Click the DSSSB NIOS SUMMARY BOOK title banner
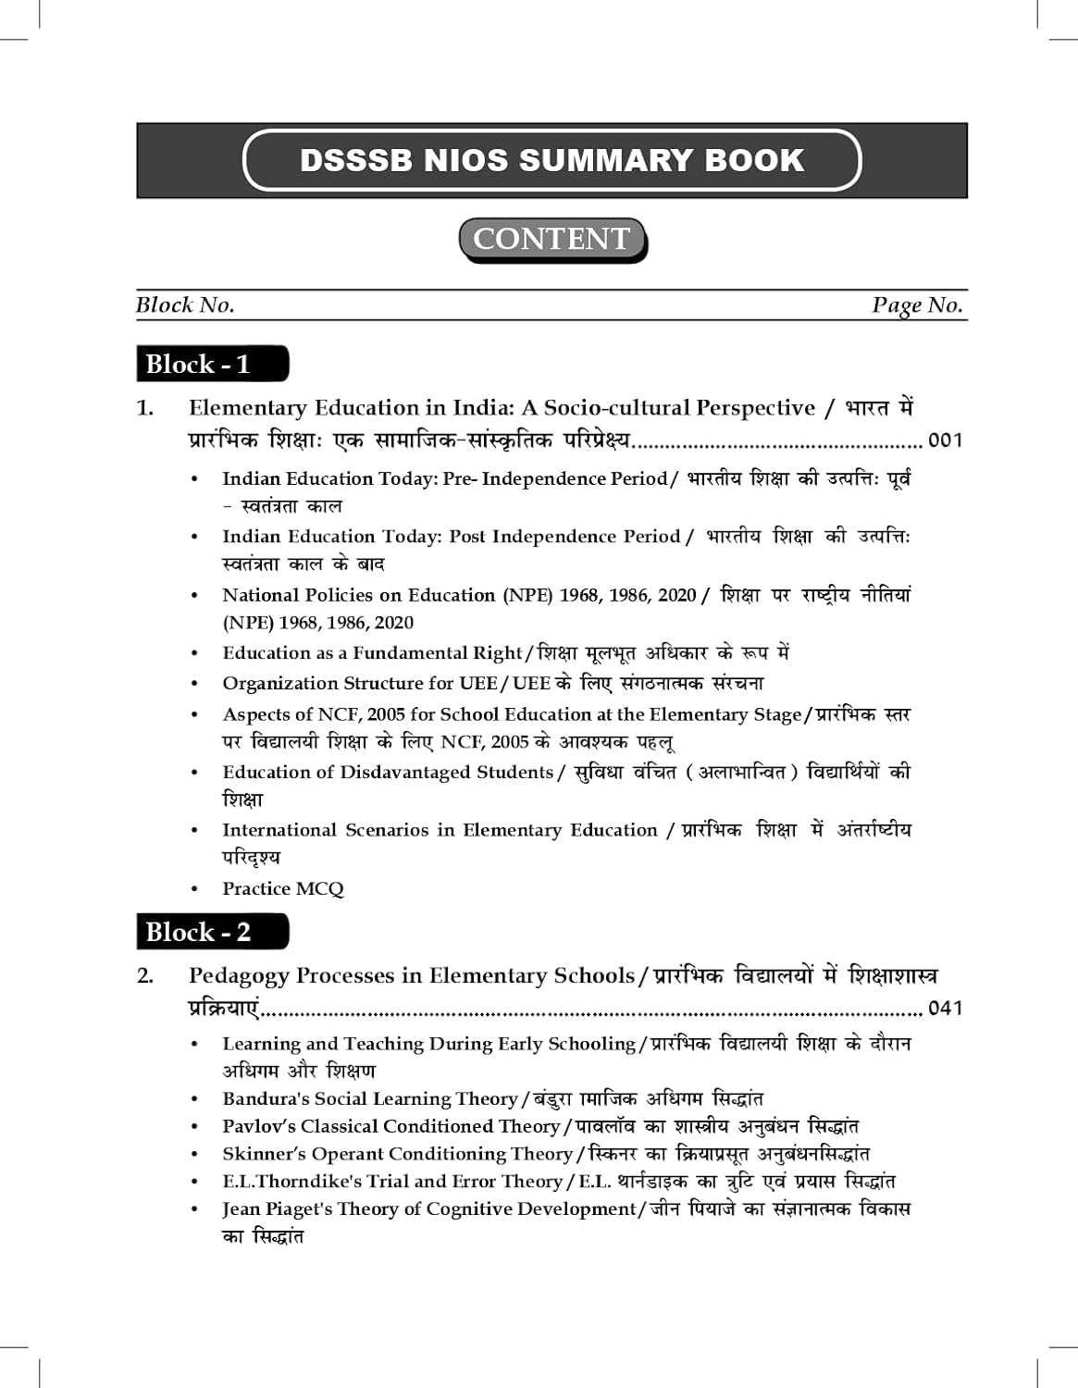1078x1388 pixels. tap(551, 160)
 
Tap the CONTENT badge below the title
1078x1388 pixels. tap(551, 239)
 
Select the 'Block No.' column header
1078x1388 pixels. tap(185, 305)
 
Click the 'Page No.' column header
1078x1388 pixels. tap(916, 305)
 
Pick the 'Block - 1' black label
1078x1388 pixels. tap(211, 364)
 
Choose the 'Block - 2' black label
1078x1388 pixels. tap(211, 932)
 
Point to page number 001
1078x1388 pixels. tap(945, 440)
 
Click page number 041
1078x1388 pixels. tap(945, 1008)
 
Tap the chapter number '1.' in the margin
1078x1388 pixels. tap(145, 408)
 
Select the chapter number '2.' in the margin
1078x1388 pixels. tap(145, 976)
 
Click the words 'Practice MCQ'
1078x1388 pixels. tap(282, 889)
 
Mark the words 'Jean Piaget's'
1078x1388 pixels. tap(277, 1209)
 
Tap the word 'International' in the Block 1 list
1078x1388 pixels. tap(279, 830)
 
